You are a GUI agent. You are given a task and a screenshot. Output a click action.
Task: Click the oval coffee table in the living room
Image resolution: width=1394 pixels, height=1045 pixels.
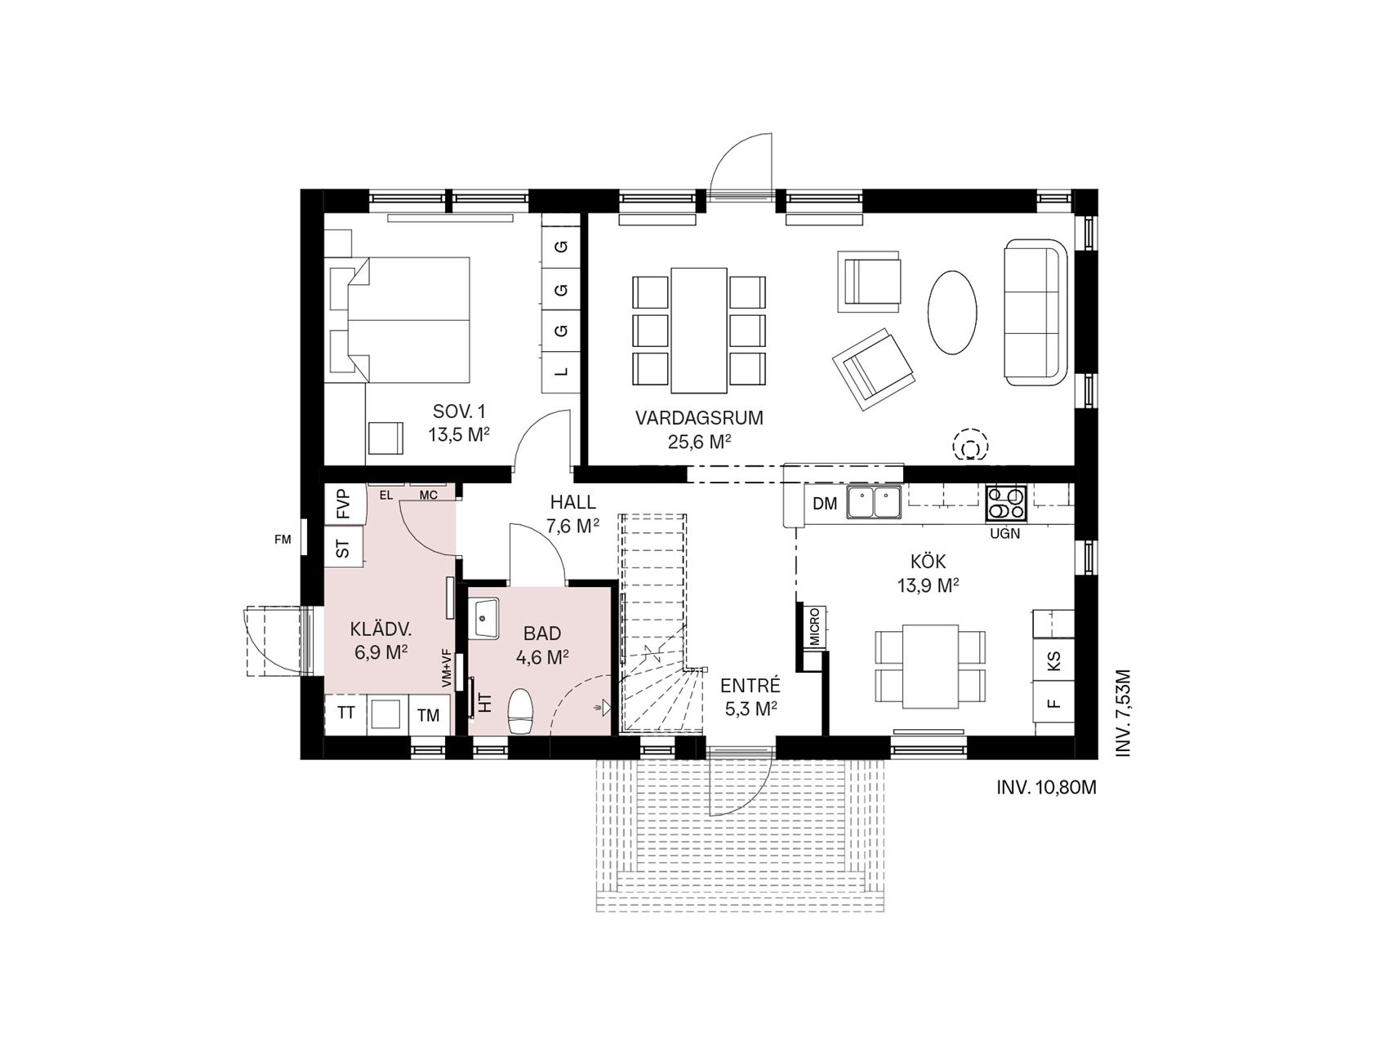(x=952, y=312)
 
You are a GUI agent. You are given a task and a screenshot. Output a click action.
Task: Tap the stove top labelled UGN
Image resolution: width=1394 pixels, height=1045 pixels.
(x=1006, y=505)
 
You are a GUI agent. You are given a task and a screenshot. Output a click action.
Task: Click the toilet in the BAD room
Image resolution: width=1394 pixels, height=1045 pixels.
(x=520, y=712)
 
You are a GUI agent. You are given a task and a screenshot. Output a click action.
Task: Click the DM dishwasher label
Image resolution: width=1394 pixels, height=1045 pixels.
(x=826, y=504)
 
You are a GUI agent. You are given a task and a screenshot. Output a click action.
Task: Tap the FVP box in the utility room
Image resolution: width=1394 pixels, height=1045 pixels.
(x=344, y=505)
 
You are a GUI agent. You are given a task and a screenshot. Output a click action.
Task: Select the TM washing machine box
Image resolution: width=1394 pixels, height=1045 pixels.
(x=428, y=715)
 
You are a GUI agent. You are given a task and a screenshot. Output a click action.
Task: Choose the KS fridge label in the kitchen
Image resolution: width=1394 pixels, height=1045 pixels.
(x=1053, y=660)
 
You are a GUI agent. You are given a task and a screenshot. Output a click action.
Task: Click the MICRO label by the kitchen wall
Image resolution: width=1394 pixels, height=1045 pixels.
(x=814, y=627)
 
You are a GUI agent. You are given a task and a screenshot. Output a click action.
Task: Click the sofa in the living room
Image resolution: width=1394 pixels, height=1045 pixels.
(x=1035, y=312)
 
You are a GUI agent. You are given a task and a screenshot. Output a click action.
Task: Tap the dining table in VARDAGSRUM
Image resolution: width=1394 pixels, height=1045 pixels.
(x=698, y=330)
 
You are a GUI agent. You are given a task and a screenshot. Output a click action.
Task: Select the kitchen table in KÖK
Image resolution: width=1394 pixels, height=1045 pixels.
(x=930, y=666)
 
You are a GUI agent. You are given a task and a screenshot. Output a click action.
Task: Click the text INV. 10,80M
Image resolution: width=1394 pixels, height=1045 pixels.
(x=1046, y=788)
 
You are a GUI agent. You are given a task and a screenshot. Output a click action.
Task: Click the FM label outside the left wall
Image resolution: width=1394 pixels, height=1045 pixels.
(x=283, y=539)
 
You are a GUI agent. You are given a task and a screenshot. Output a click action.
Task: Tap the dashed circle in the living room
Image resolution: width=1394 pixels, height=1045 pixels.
(x=971, y=446)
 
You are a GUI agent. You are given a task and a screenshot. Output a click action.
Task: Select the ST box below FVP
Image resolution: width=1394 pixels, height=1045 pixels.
(x=344, y=547)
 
